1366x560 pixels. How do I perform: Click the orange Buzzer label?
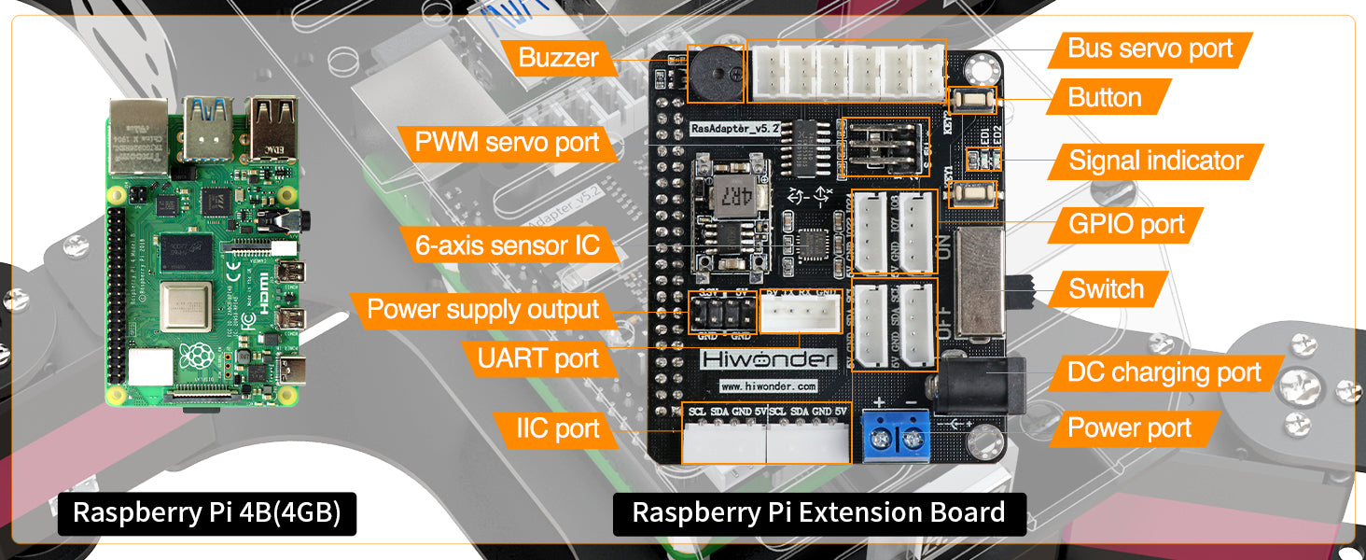point(558,58)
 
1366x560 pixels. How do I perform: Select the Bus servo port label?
point(1150,49)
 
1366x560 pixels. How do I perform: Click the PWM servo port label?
point(508,142)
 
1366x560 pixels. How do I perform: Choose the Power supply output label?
point(482,310)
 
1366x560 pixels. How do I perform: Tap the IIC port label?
point(558,428)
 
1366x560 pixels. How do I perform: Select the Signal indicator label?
point(1155,161)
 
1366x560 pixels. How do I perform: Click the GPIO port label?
point(1126,224)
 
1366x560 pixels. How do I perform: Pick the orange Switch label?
point(1106,289)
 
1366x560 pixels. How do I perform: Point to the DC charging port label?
point(1164,373)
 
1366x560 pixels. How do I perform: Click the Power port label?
point(1129,428)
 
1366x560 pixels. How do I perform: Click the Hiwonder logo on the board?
point(768,360)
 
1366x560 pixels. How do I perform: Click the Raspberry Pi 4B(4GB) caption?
point(206,513)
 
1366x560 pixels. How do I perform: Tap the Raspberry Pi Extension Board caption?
point(818,512)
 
